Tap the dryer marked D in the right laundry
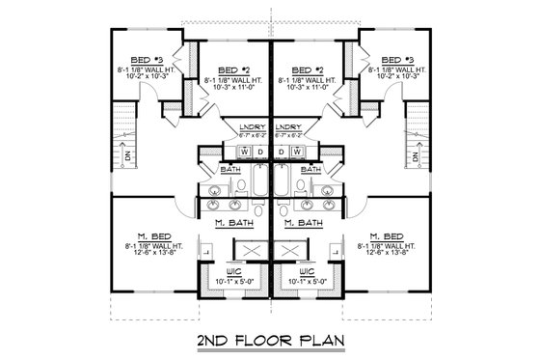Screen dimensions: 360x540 282,152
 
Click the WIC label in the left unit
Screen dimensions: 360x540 234,272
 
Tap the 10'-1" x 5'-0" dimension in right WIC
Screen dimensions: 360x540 307,282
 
